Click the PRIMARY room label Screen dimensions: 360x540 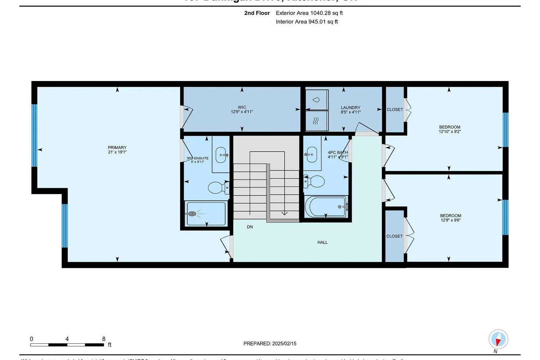pyautogui.click(x=117, y=148)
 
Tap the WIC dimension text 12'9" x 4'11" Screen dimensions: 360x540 pyautogui.click(x=242, y=112)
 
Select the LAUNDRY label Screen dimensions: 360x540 pyautogui.click(x=350, y=108)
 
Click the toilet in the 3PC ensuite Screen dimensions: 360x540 pyautogui.click(x=217, y=188)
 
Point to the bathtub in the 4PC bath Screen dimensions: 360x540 pyautogui.click(x=326, y=207)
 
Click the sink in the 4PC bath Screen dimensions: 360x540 pyautogui.click(x=311, y=154)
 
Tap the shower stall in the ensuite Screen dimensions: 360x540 pyautogui.click(x=206, y=214)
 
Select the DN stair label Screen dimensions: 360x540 pyautogui.click(x=250, y=227)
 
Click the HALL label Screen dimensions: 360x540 pyautogui.click(x=322, y=242)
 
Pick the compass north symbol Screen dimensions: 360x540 pyautogui.click(x=498, y=339)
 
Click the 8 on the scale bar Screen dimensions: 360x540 pyautogui.click(x=104, y=339)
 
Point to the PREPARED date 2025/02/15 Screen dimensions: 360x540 pyautogui.click(x=270, y=343)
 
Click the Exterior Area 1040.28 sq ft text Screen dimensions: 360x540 pyautogui.click(x=309, y=13)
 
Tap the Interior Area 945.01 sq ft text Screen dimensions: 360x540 pyautogui.click(x=307, y=22)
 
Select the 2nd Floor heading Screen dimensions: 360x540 pyautogui.click(x=257, y=13)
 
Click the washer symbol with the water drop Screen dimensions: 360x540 pyautogui.click(x=316, y=100)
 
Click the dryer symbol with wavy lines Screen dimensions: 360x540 pyautogui.click(x=316, y=121)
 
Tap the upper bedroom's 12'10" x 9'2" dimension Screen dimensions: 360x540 pyautogui.click(x=449, y=132)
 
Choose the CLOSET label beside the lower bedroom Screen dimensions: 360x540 pyautogui.click(x=394, y=236)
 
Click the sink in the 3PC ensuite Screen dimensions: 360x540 pyautogui.click(x=221, y=155)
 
